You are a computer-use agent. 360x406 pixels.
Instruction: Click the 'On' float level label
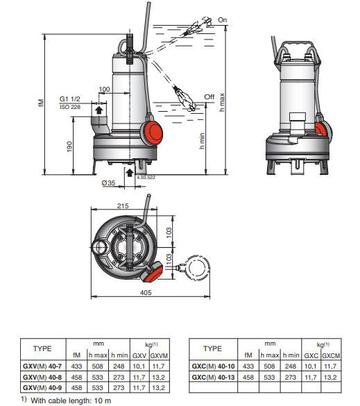click(223, 20)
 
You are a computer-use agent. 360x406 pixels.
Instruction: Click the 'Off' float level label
click(209, 97)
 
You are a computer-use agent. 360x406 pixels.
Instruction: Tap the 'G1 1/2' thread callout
click(70, 99)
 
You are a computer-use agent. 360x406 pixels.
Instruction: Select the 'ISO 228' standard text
click(70, 107)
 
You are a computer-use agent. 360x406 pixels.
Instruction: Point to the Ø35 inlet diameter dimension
click(108, 183)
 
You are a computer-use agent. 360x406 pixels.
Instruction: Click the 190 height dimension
click(69, 146)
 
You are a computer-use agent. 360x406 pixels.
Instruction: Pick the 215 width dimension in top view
click(123, 206)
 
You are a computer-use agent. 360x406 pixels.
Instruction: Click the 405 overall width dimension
click(146, 293)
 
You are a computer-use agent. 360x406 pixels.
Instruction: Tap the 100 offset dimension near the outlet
click(104, 90)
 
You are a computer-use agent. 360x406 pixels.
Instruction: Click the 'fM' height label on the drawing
click(41, 103)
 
